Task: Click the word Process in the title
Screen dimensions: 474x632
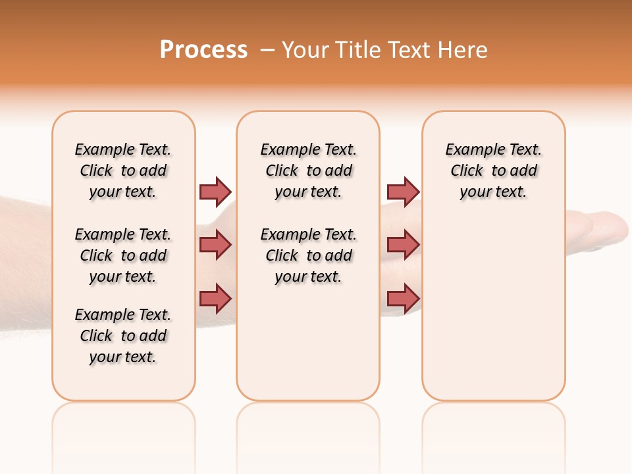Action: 203,50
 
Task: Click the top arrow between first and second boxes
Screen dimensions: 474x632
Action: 215,192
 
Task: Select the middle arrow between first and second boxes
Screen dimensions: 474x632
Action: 215,245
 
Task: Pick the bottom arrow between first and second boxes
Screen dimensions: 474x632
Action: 215,298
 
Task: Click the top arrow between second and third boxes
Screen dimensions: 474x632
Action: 403,192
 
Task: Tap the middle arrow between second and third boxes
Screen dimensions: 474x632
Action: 403,245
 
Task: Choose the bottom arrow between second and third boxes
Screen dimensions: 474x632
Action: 403,298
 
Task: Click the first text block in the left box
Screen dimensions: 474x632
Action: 123,171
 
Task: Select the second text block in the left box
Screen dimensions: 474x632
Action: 123,255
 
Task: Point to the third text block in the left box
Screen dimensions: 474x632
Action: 123,336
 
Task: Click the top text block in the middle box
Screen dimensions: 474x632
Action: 308,171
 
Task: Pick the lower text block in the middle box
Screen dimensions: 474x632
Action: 308,255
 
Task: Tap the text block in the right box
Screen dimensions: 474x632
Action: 493,171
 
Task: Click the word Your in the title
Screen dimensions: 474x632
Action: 305,50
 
